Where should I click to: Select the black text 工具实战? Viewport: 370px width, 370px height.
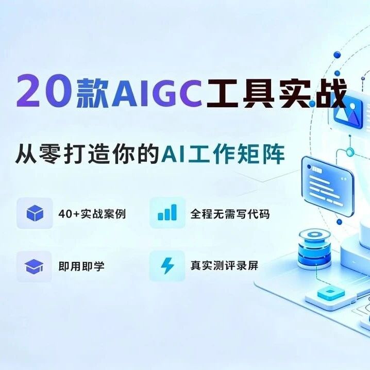tap(276, 93)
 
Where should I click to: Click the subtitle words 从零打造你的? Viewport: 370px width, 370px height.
tap(86, 155)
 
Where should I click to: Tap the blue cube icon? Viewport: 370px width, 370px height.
tap(35, 213)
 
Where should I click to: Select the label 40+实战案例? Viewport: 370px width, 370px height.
tap(92, 214)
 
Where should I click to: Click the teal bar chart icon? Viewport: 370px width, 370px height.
tap(167, 212)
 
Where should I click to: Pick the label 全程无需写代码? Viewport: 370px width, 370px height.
tap(230, 214)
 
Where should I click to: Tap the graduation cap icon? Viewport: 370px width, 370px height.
tap(34, 266)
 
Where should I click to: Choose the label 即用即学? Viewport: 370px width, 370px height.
tap(81, 266)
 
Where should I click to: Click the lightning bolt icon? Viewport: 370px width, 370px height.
tap(167, 266)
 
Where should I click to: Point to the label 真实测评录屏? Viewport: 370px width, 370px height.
tap(224, 266)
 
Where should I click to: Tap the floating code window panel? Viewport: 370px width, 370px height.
tap(328, 187)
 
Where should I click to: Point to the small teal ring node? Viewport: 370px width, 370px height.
tap(350, 152)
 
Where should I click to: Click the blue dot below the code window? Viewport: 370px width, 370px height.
tap(339, 222)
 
